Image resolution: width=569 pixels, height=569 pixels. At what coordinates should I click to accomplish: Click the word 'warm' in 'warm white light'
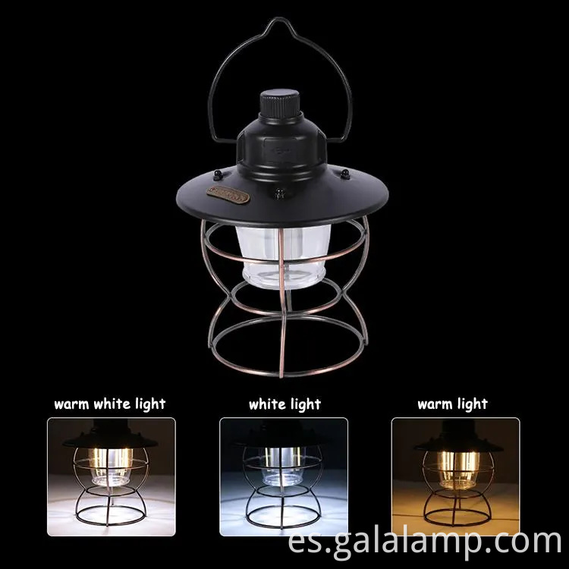[73, 404]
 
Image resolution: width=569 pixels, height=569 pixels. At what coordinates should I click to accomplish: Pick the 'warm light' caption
[452, 404]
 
